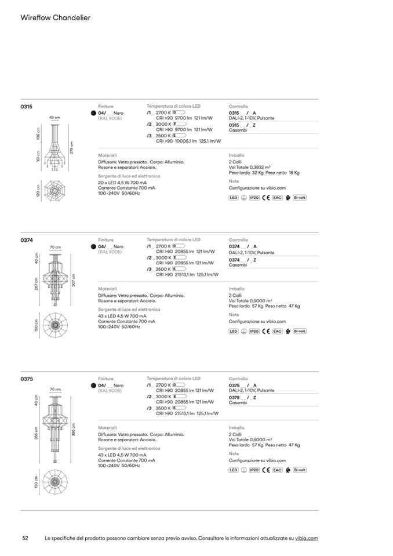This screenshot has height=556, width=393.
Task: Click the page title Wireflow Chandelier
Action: pyautogui.click(x=55, y=18)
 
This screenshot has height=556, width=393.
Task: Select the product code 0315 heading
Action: pyautogui.click(x=27, y=107)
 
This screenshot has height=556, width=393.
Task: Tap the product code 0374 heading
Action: pyautogui.click(x=27, y=239)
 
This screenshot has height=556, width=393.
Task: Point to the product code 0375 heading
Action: pyautogui.click(x=27, y=379)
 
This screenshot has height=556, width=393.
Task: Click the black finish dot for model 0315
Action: pyautogui.click(x=93, y=113)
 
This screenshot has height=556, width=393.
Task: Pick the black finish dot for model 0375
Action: pyautogui.click(x=93, y=386)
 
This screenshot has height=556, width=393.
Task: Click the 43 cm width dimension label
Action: pyautogui.click(x=54, y=117)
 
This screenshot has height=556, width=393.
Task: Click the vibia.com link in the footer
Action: pyautogui.click(x=307, y=539)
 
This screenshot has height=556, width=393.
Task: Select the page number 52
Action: pyautogui.click(x=25, y=539)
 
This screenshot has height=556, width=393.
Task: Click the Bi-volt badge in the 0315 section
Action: pyautogui.click(x=299, y=198)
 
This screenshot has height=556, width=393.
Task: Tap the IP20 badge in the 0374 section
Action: pyautogui.click(x=254, y=331)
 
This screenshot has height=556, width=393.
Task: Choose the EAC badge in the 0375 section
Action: pyautogui.click(x=277, y=470)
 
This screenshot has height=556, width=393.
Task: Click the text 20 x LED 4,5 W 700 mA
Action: pyautogui.click(x=122, y=183)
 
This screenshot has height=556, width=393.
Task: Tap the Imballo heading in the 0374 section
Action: pyautogui.click(x=236, y=289)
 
